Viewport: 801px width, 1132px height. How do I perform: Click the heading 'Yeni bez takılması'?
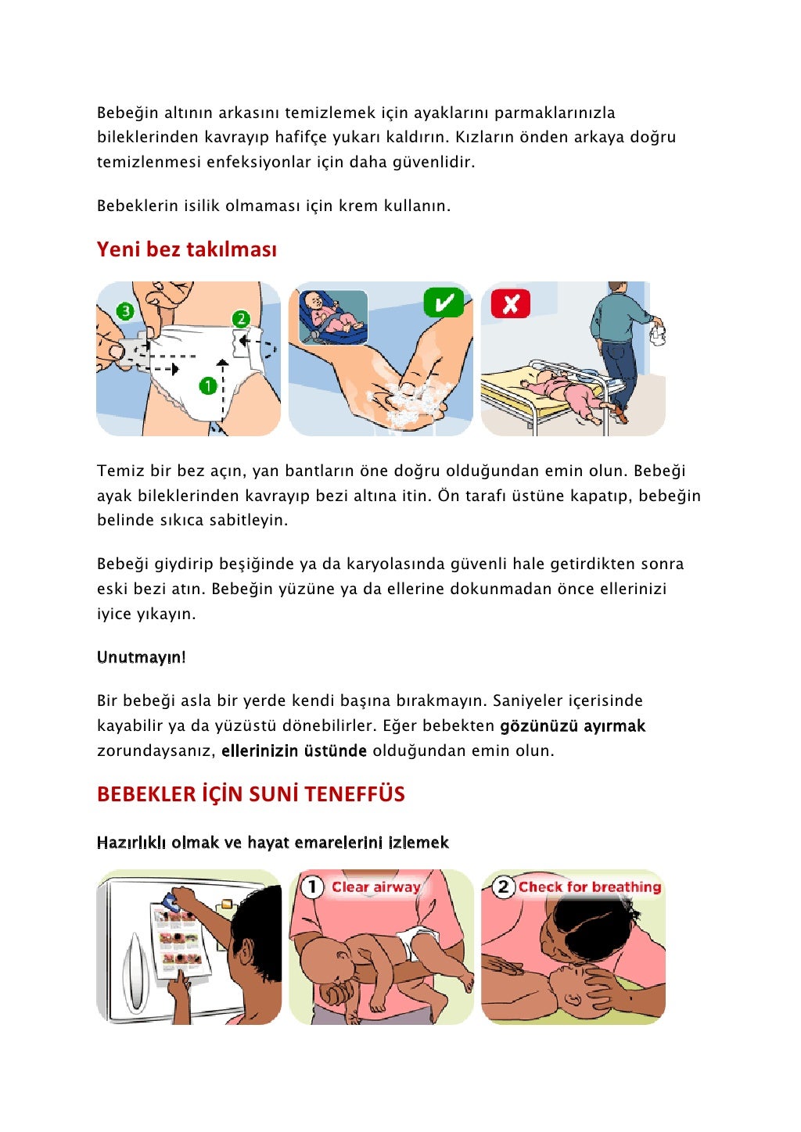[x=186, y=249]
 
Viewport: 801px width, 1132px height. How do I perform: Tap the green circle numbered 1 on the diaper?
[x=207, y=385]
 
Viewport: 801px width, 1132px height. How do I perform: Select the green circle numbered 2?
[x=241, y=318]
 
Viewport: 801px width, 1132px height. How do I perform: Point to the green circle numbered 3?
[x=125, y=311]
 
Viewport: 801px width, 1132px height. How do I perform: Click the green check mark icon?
[x=444, y=303]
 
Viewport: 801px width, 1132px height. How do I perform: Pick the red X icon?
[x=510, y=303]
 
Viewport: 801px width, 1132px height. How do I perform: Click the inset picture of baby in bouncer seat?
[x=333, y=317]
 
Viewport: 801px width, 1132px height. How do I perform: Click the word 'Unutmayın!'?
[x=141, y=657]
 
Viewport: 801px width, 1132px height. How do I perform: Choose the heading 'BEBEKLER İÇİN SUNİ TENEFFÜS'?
[x=250, y=794]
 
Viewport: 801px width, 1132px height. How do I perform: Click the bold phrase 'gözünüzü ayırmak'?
[x=573, y=725]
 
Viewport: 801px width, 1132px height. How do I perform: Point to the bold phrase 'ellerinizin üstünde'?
[x=294, y=750]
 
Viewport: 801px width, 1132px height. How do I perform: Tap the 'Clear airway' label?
[x=375, y=887]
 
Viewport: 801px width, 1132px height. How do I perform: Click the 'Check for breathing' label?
[x=590, y=887]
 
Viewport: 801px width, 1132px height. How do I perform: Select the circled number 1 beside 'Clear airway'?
[x=312, y=887]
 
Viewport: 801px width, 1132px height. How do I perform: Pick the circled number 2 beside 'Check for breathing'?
[x=504, y=887]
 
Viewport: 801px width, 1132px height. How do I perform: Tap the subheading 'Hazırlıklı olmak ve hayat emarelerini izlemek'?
[x=272, y=842]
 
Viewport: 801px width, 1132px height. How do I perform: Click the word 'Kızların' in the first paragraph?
[x=485, y=137]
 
